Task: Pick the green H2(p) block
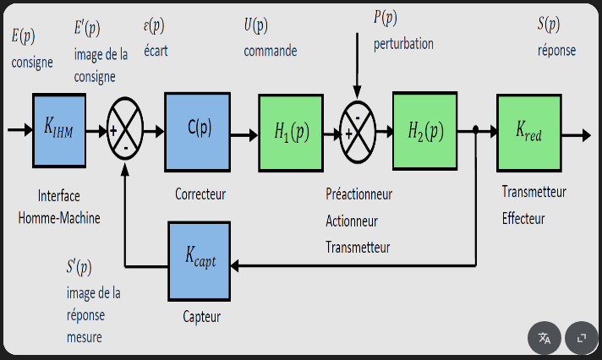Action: (424, 131)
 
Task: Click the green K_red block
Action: (529, 132)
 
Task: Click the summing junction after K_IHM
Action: (125, 133)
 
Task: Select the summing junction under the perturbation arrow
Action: (357, 132)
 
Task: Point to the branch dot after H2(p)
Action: (477, 130)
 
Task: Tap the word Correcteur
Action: (200, 194)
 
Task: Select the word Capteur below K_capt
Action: (201, 317)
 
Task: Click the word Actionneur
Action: (352, 221)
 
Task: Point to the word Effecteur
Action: (523, 218)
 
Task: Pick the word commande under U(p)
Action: (271, 51)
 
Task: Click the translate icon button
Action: (545, 337)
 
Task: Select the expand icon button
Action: (581, 337)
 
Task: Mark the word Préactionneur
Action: (359, 194)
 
